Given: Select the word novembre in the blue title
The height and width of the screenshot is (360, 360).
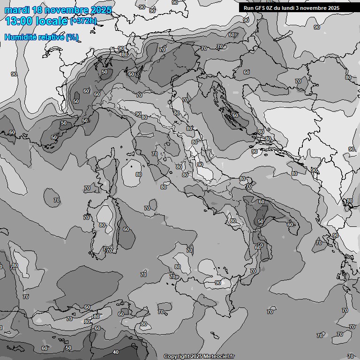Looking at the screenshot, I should pos(68,10).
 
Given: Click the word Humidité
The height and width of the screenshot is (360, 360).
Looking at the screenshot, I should pos(19,37).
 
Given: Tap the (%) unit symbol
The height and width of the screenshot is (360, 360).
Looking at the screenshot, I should pos(72,37).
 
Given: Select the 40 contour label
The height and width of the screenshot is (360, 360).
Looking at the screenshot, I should pos(116,352).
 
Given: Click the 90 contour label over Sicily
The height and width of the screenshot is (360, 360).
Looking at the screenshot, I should pos(217,283).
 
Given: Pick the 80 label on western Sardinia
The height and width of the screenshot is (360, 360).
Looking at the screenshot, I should pos(102,225).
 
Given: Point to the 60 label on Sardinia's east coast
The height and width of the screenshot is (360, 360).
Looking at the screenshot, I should pos(126,229).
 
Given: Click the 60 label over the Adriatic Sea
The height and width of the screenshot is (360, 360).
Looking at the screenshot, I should pos(235,115).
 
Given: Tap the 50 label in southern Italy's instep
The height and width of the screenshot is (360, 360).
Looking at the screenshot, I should pos(260,221).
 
